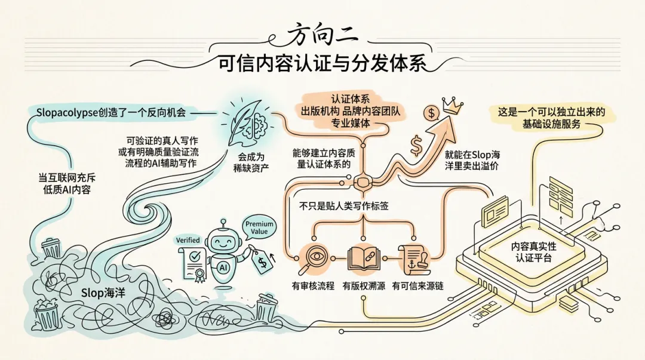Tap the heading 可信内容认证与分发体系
click(x=322, y=64)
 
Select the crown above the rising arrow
click(x=453, y=106)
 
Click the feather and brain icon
click(x=247, y=122)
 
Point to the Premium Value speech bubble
click(x=259, y=227)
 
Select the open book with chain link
click(x=364, y=259)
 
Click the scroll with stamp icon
click(x=414, y=259)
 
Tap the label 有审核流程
click(x=313, y=285)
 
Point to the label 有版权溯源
click(x=364, y=285)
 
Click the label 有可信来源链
click(x=418, y=285)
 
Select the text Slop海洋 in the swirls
click(x=103, y=293)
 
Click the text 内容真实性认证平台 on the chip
click(x=533, y=252)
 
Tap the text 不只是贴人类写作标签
click(x=343, y=206)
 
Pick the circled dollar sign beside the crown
click(x=432, y=113)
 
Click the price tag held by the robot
click(x=262, y=261)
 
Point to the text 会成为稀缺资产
click(x=251, y=162)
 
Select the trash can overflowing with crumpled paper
click(x=46, y=313)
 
